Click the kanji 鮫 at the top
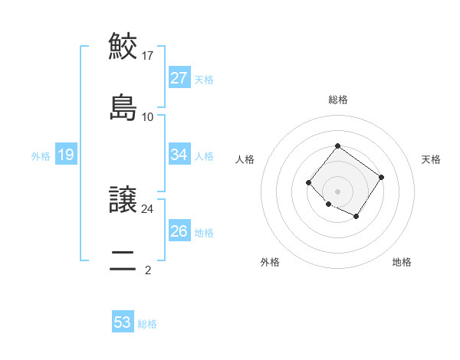[123, 46]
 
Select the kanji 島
[123, 107]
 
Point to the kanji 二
[123, 260]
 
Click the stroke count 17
[148, 55]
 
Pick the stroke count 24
[148, 208]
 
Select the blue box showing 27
[179, 78]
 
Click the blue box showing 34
[179, 155]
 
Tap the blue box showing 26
[179, 231]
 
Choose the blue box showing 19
[66, 155]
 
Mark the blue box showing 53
[123, 322]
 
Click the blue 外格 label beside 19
[41, 156]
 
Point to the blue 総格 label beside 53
[147, 324]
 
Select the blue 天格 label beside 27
[204, 80]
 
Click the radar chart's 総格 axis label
[337, 100]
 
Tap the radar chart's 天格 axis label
[432, 159]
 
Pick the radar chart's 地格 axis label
[402, 263]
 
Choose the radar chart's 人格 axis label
[245, 159]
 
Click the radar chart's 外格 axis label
[270, 263]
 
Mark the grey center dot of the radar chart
[337, 191]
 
